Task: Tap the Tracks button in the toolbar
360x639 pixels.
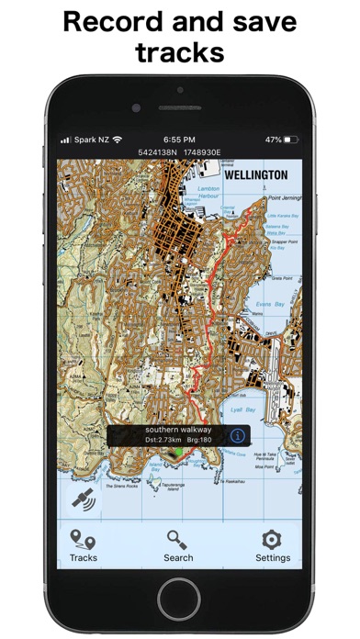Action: pos(83,545)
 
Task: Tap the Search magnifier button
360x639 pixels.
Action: pos(178,545)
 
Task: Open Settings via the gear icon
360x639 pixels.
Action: pos(273,545)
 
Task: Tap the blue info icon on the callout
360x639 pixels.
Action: pos(237,435)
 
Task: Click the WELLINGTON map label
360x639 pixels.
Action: pos(255,174)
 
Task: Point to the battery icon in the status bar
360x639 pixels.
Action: pos(292,140)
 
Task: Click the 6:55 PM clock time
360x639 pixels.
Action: pos(179,140)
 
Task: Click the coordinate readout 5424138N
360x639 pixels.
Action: pos(159,151)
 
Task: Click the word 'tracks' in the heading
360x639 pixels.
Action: pos(180,51)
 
